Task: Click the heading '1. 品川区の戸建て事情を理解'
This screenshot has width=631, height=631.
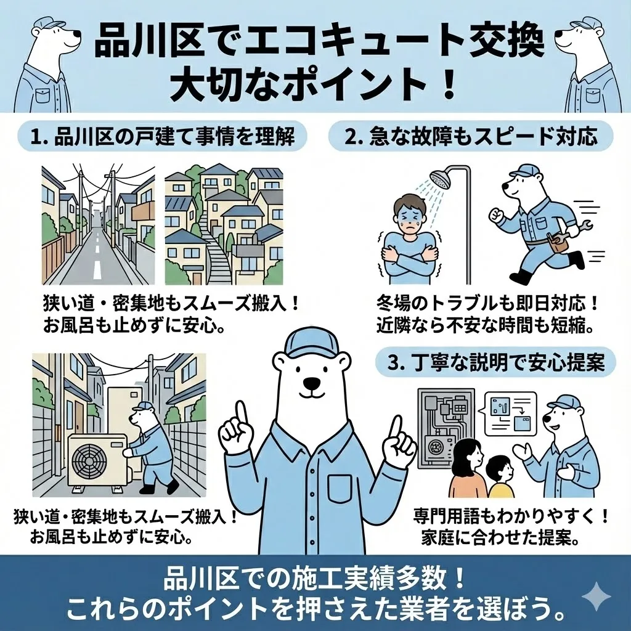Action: coord(161,137)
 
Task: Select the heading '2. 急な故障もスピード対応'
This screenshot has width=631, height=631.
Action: coord(471,137)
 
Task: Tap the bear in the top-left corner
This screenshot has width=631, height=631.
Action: coord(46,62)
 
